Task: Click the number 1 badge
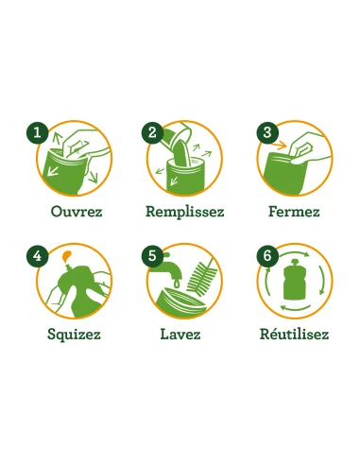[x=37, y=133]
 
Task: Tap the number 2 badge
[x=151, y=133]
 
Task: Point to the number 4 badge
[x=37, y=256]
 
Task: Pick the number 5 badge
[x=151, y=256]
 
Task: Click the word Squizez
[x=74, y=334]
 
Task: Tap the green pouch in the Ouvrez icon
[x=65, y=171]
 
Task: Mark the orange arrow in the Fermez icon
[x=277, y=151]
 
